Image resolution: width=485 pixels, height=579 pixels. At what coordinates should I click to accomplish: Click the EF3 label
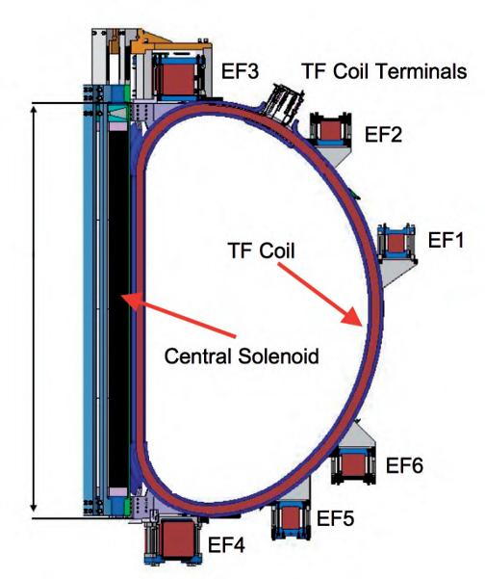[x=241, y=71]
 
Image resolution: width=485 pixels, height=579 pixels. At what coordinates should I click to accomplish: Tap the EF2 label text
[x=383, y=134]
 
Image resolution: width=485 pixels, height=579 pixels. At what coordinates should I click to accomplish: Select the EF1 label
[x=446, y=240]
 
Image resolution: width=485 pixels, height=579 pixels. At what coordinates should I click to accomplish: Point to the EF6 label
[x=404, y=465]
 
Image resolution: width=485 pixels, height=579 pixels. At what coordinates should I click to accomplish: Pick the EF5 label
[x=336, y=518]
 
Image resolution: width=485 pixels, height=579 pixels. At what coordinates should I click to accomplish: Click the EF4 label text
[x=226, y=545]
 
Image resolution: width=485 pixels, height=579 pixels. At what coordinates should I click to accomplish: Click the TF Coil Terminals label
[x=384, y=71]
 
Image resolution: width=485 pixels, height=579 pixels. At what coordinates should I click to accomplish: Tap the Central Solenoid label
[x=242, y=356]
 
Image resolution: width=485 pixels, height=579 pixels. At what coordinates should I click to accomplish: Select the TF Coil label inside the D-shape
[x=262, y=250]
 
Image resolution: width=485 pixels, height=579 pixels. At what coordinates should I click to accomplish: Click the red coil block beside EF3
[x=177, y=79]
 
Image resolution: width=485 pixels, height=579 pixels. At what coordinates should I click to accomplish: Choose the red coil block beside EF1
[x=396, y=244]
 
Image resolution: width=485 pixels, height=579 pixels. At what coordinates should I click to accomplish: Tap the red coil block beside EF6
[x=353, y=465]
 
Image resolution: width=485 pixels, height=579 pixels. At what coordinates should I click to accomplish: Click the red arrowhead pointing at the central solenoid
[x=131, y=300]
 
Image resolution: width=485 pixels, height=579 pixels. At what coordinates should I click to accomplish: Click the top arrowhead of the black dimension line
[x=34, y=111]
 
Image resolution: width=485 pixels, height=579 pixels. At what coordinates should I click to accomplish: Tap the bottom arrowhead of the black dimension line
[x=34, y=508]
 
